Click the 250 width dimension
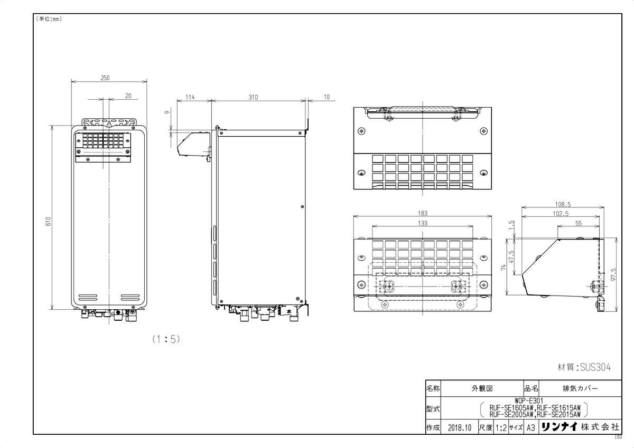click(x=105, y=78)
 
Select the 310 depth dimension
click(x=258, y=97)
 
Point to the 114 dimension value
click(x=190, y=97)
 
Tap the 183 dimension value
click(x=422, y=213)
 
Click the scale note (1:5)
click(x=166, y=339)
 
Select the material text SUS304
click(x=584, y=368)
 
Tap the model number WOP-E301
click(x=528, y=401)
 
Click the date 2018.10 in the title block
click(x=458, y=428)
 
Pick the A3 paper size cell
click(x=530, y=428)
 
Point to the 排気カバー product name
click(x=580, y=388)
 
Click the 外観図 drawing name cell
click(x=482, y=388)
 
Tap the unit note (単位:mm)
click(x=49, y=20)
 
